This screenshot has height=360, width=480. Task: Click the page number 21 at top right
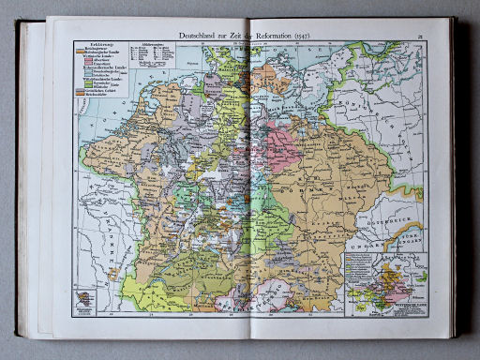click(x=422, y=35)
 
